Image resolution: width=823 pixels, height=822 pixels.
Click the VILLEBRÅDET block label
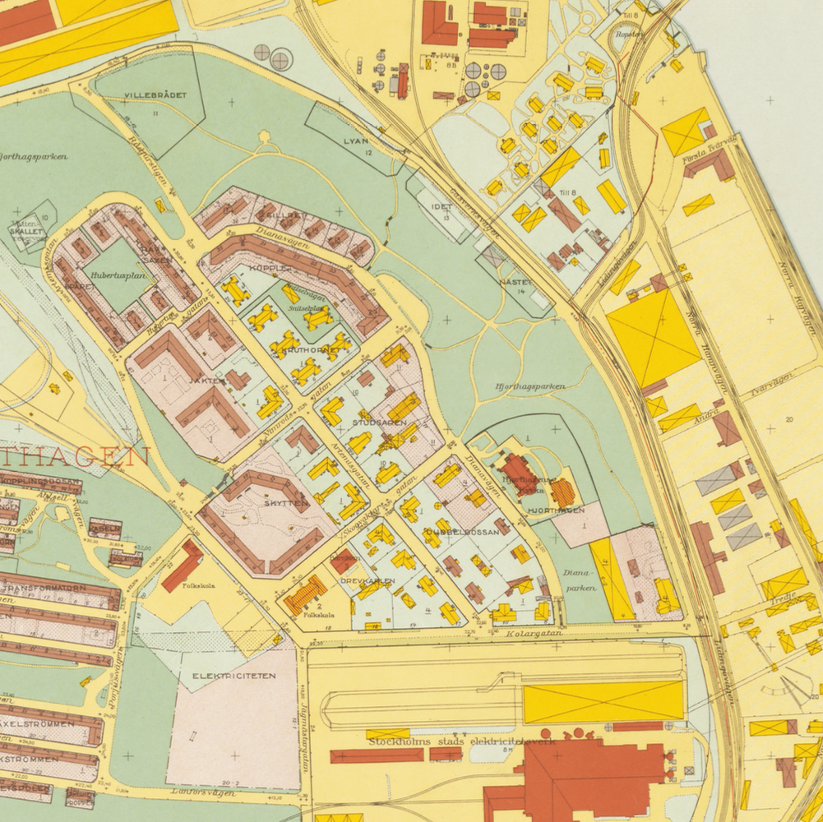click(x=151, y=96)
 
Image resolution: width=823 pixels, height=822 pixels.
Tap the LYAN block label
click(x=355, y=141)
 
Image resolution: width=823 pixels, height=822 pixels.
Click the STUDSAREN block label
click(x=379, y=423)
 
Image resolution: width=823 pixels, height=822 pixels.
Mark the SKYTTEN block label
click(x=286, y=501)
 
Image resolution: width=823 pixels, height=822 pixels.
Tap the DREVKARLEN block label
click(x=368, y=580)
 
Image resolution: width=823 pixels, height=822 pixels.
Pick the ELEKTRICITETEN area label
click(x=234, y=676)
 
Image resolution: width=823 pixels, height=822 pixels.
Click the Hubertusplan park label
click(x=119, y=276)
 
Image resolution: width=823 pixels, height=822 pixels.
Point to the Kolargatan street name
click(x=534, y=634)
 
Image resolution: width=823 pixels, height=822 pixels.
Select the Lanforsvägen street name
click(x=204, y=793)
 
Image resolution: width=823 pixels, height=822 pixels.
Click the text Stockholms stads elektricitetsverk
click(x=462, y=741)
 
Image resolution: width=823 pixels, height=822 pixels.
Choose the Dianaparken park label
click(x=580, y=581)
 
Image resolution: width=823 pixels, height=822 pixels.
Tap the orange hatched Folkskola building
click(x=305, y=593)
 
